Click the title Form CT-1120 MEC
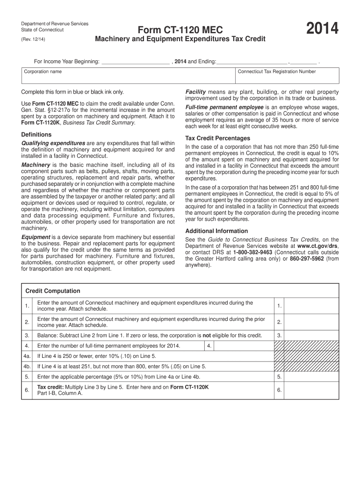pyautogui.click(x=180, y=30)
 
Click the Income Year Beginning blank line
pyautogui.click(x=135, y=61)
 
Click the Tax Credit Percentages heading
pyautogui.click(x=217, y=138)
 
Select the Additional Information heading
pyautogui.click(x=216, y=231)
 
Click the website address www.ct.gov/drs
pyautogui.click(x=317, y=246)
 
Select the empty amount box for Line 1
pyautogui.click(x=311, y=306)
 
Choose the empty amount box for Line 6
pyautogui.click(x=311, y=390)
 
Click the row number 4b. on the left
pyautogui.click(x=28, y=366)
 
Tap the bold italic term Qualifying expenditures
pyautogui.click(x=53, y=143)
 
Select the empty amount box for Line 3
pyautogui.click(x=311, y=335)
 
